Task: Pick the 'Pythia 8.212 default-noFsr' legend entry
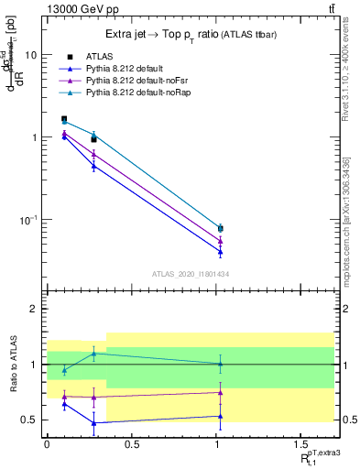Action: [x=132, y=81]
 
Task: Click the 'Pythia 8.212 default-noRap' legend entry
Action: [x=134, y=93]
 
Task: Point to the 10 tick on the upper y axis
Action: [x=30, y=55]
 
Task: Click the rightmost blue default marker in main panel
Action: [x=221, y=252]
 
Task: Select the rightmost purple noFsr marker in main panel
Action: [x=221, y=242]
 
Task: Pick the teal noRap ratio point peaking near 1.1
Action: [x=93, y=354]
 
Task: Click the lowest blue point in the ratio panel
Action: [x=93, y=423]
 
